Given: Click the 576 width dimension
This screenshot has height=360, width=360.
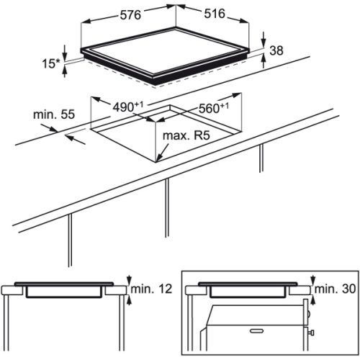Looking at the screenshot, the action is [130, 15].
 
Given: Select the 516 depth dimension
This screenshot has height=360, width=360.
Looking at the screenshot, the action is [215, 14].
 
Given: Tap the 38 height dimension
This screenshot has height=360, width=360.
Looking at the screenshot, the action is [276, 50].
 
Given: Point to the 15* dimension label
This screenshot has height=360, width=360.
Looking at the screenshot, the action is [51, 63].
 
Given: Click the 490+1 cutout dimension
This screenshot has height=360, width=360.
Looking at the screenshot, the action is [128, 107].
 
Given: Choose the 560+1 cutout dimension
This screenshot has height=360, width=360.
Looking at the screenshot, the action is [214, 108].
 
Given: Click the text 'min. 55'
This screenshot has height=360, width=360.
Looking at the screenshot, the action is [54, 114].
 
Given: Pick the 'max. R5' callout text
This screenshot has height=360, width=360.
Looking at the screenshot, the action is [186, 135].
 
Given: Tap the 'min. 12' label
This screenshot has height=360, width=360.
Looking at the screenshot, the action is [151, 289].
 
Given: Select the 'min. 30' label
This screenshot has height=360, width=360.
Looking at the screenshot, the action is [335, 289].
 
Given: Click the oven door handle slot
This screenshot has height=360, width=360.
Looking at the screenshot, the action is [256, 331].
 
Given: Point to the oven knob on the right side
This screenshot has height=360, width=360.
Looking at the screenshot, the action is [311, 333].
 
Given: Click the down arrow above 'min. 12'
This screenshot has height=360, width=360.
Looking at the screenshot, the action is [130, 279].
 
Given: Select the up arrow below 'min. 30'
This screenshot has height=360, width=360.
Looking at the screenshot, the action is [313, 300].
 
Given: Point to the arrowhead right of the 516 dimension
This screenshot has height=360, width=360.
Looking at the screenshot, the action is [244, 22].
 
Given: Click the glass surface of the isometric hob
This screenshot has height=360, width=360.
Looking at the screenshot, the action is [165, 51].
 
